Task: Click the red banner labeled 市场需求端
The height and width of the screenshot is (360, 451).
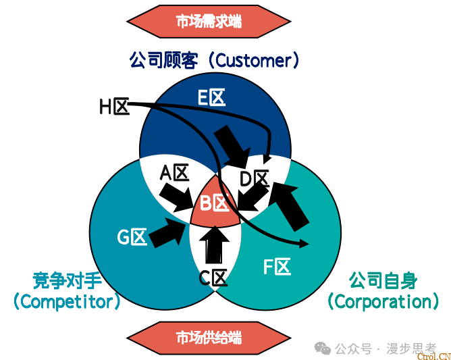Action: click(209, 22)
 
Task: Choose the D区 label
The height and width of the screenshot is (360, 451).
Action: click(255, 179)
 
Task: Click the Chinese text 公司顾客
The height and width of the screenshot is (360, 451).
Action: click(163, 60)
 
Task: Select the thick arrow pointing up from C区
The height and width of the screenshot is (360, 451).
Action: click(215, 245)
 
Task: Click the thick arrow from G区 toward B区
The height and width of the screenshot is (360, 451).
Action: click(167, 232)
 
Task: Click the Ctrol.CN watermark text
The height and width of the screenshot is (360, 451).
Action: click(433, 356)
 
